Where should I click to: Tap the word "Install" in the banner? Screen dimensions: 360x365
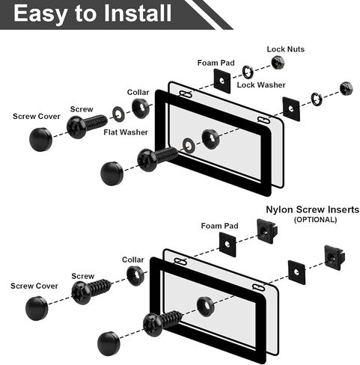[138, 13]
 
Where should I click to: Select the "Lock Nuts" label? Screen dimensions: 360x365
[286, 49]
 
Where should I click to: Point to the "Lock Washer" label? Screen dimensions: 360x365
[261, 85]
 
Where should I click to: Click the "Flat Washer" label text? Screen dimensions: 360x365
[126, 132]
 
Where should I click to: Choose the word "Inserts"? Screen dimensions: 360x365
[344, 209]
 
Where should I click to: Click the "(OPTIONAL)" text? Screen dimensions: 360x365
[315, 220]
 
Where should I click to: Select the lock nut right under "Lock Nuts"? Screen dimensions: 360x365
[278, 62]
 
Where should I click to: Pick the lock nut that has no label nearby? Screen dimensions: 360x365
[347, 88]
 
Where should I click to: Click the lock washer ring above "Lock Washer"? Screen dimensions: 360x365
[248, 72]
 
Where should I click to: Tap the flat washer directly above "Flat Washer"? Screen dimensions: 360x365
[119, 114]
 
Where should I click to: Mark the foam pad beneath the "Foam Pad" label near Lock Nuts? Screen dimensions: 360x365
[222, 81]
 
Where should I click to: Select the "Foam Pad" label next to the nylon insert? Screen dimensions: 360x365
[219, 226]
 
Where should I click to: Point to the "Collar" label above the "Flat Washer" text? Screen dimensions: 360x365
[138, 92]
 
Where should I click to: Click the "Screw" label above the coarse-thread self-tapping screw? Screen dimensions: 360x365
[83, 276]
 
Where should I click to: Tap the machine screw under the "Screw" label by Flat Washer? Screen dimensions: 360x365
[87, 126]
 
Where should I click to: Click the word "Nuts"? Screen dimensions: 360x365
[296, 49]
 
